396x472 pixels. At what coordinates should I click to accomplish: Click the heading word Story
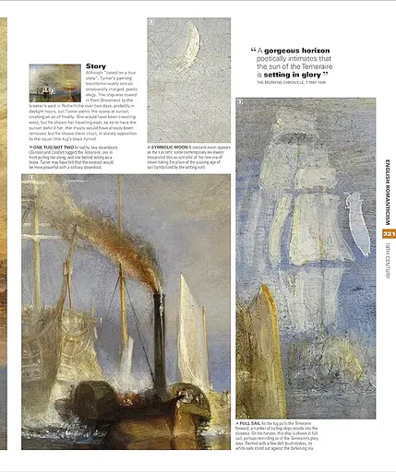(x=96, y=66)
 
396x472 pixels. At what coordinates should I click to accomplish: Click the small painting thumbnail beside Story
(x=55, y=82)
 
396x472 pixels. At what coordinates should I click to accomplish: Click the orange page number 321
(x=389, y=234)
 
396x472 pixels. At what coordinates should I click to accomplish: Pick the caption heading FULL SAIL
(x=253, y=423)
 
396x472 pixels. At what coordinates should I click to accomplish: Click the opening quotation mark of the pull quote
(x=254, y=51)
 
